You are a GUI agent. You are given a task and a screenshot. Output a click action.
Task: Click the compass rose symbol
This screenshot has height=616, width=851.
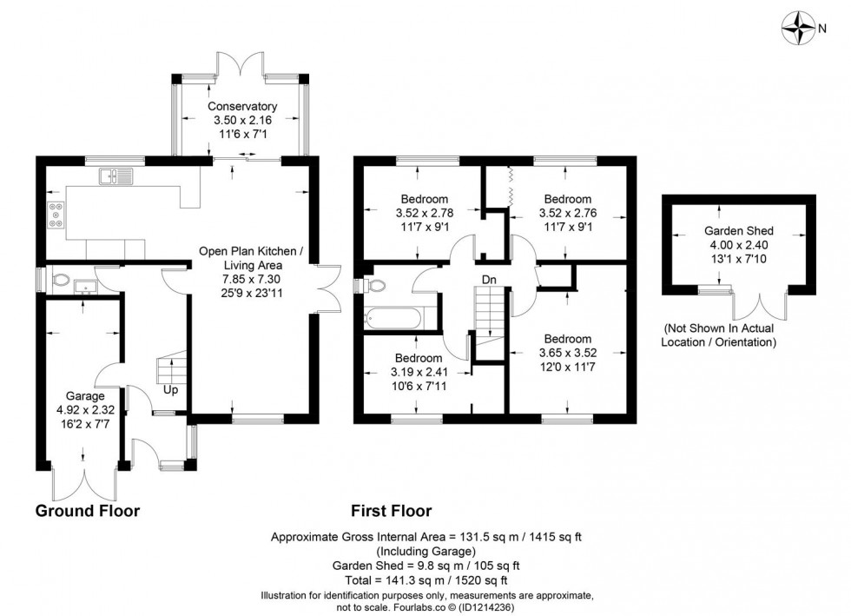point(798,28)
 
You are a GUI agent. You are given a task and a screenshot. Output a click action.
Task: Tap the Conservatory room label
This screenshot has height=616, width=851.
point(242,107)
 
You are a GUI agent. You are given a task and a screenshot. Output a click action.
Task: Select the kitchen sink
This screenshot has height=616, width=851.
point(115,176)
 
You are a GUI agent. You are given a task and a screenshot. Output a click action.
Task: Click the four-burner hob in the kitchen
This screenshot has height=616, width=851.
point(56,214)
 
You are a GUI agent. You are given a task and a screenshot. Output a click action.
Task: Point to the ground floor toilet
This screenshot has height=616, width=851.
point(60,281)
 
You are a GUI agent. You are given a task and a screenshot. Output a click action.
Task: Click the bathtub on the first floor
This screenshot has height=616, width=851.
point(393,318)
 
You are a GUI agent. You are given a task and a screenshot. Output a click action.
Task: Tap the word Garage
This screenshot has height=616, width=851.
point(85,396)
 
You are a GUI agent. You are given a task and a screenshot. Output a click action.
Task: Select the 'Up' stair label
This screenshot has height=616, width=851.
point(170,390)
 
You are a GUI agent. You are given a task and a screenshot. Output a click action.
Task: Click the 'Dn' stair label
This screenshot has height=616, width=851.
point(489,280)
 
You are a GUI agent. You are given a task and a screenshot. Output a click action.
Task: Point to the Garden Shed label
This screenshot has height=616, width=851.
point(739,231)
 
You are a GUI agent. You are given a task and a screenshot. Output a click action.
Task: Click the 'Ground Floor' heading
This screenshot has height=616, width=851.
point(88,511)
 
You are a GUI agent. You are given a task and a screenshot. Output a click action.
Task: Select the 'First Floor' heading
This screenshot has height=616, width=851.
point(391,511)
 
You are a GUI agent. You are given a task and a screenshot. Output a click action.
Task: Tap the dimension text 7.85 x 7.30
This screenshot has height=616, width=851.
point(254,279)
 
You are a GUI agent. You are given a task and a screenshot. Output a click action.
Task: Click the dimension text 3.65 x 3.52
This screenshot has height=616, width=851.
point(568,353)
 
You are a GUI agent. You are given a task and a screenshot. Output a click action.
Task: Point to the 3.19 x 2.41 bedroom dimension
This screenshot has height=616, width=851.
point(419,372)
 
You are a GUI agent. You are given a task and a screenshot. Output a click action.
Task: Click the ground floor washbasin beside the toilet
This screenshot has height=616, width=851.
point(85,286)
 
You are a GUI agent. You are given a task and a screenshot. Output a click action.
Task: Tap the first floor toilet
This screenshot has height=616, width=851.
point(374,285)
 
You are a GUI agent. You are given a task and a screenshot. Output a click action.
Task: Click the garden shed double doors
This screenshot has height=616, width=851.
point(760,307)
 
